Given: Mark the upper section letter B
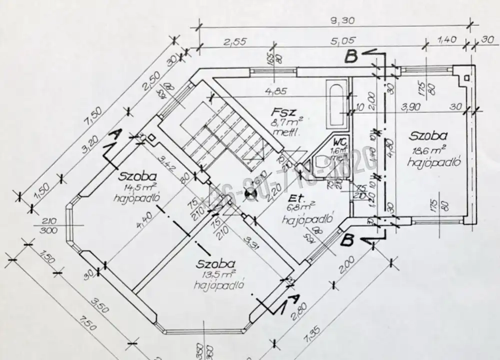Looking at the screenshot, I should pyautogui.click(x=351, y=57).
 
